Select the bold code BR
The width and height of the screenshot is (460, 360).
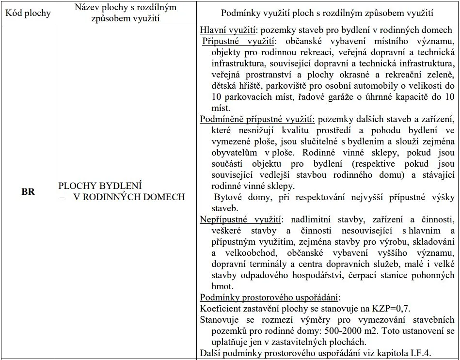28,191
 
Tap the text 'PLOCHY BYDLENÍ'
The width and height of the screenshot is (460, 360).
100,186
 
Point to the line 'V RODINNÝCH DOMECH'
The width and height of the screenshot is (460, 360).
129,197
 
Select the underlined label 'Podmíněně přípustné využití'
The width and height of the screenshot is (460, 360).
257,119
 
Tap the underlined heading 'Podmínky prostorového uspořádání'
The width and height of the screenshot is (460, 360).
270,297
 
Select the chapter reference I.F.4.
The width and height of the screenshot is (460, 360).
419,352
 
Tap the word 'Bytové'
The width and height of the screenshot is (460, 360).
228,197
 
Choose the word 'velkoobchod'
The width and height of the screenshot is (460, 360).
249,252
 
